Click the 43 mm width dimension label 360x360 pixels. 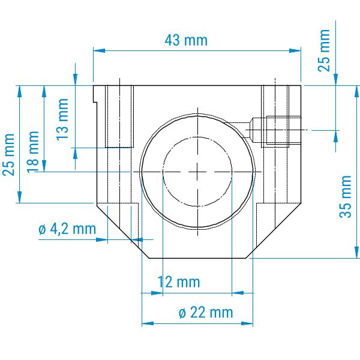pyautogui.click(x=186, y=40)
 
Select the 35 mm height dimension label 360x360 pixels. pyautogui.click(x=346, y=197)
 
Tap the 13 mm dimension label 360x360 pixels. pyautogui.click(x=62, y=119)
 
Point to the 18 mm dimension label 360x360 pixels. pyautogui.click(x=33, y=152)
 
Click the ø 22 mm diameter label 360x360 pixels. pyautogui.click(x=206, y=313)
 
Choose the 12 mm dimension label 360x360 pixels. pyautogui.click(x=179, y=282)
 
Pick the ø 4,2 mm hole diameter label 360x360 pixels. pyautogui.click(x=67, y=229)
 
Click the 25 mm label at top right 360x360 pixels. pyautogui.click(x=324, y=50)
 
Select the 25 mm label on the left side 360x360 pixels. pyautogui.click(x=8, y=155)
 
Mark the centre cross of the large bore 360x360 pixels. pyautogui.click(x=197, y=172)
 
